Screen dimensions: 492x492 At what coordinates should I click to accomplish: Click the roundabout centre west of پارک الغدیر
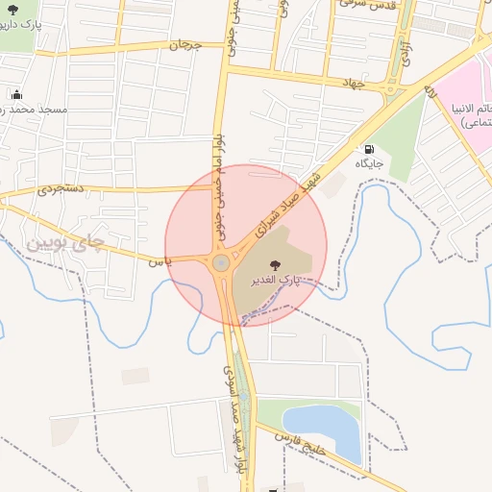[221, 261]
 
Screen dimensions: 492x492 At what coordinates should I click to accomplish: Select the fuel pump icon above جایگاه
[369, 150]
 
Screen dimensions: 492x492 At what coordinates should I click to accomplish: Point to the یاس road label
[159, 259]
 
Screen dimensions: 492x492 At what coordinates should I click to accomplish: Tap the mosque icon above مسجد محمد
[16, 95]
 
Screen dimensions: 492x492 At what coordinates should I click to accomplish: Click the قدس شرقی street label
[361, 5]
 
